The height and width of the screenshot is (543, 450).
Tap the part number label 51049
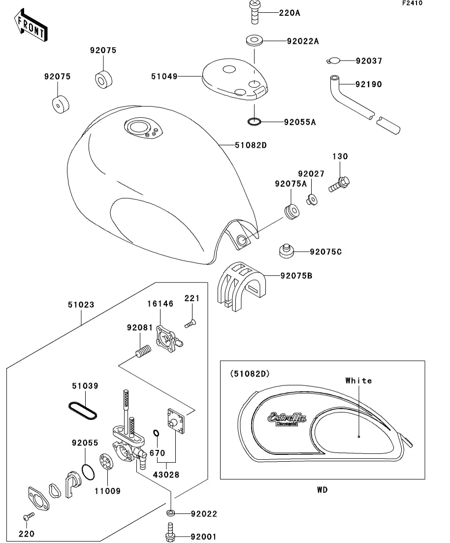pos(163,76)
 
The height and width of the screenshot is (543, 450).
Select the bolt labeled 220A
pos(254,13)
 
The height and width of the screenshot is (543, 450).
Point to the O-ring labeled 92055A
pos(254,121)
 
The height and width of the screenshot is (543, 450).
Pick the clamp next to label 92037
pos(333,61)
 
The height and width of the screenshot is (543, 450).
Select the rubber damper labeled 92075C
pos(286,251)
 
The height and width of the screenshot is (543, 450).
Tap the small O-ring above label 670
pos(156,433)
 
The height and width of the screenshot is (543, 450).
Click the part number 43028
pos(165,475)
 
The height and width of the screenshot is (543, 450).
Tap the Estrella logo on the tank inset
pos(287,418)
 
